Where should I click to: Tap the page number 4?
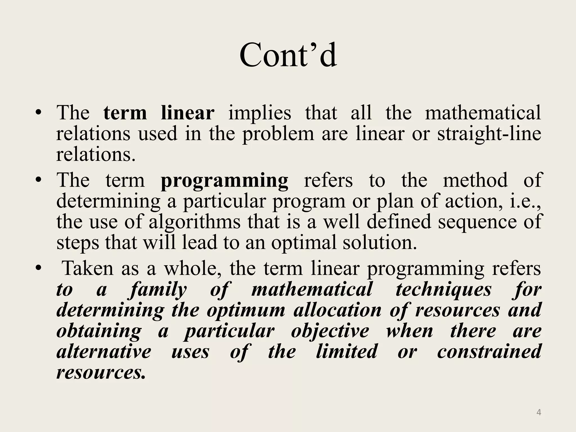pyautogui.click(x=539, y=413)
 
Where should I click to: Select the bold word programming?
pyautogui.click(x=224, y=181)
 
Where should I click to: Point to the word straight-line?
pyautogui.click(x=489, y=134)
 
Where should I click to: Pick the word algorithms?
pyautogui.click(x=194, y=222)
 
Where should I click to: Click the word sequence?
pyautogui.click(x=477, y=222)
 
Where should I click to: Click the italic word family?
pyautogui.click(x=158, y=290)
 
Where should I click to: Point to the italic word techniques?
pyautogui.click(x=444, y=290)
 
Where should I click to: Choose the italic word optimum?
pyautogui.click(x=246, y=310)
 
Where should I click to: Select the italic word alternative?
pyautogui.click(x=104, y=352)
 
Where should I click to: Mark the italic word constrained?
pyautogui.click(x=489, y=352)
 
